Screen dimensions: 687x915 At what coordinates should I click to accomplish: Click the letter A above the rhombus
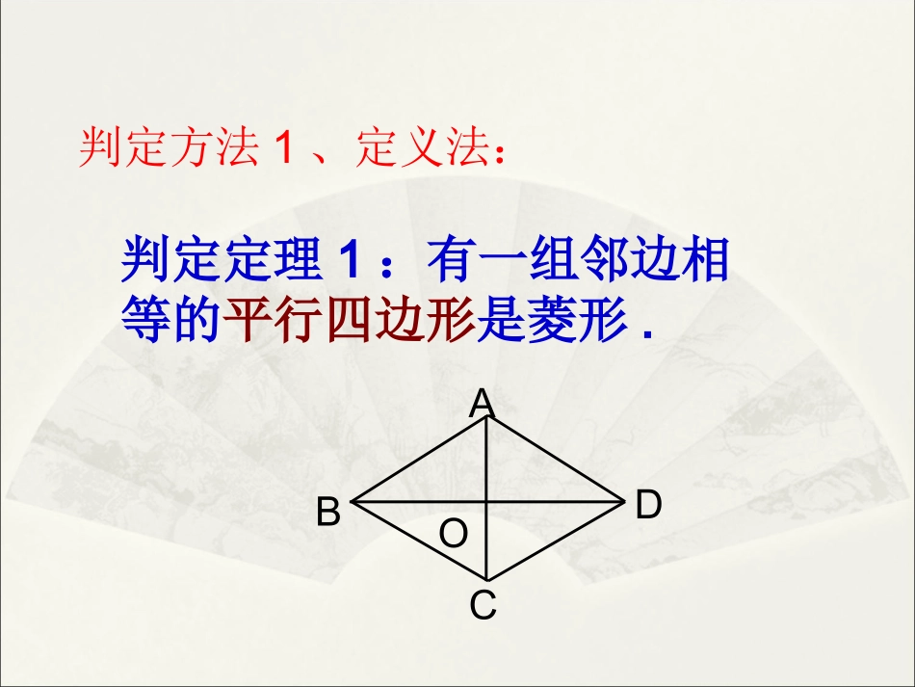pos(482,403)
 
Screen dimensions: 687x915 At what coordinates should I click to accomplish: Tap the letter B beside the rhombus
pos(328,512)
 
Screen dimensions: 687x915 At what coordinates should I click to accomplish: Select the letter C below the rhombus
pos(483,606)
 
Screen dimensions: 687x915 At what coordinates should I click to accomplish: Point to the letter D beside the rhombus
pos(648,504)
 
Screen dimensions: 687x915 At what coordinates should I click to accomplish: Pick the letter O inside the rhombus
pos(453,533)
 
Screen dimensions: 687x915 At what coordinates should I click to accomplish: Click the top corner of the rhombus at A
pos(486,417)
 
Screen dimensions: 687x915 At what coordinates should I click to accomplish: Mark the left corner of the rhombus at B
pos(353,501)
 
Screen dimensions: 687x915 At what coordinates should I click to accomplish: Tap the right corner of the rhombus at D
pos(624,501)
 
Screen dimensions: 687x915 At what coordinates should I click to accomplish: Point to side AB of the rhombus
pos(419,460)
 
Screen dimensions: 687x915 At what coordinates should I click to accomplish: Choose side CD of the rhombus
pos(556,541)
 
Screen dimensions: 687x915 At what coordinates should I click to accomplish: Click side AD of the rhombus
pos(556,460)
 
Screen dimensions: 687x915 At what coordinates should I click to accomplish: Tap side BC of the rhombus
pos(419,541)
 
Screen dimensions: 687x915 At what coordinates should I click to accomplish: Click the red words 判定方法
pos(167,149)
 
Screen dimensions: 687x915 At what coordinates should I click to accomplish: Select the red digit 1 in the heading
pos(282,150)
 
